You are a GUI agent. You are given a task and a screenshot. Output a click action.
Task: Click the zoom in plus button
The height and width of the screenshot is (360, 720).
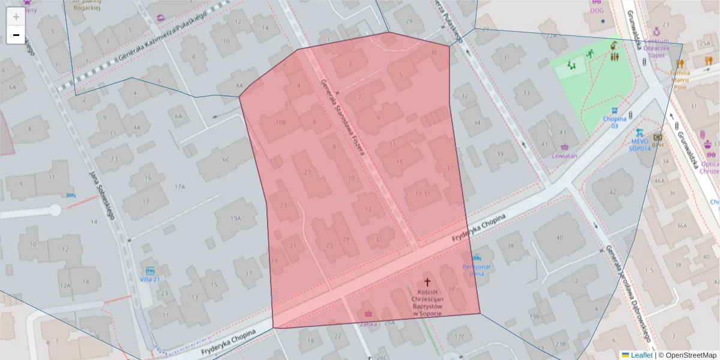16,17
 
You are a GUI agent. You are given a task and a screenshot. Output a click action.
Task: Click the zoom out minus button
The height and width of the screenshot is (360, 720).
16,35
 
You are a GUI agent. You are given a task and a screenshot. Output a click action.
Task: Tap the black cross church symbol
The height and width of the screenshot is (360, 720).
427,281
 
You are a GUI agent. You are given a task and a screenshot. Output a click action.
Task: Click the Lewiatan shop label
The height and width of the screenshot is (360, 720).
564,156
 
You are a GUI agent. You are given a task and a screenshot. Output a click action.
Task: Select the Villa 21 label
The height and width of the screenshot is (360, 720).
149,279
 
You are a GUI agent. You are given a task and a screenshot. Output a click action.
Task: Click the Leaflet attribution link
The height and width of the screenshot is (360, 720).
641,355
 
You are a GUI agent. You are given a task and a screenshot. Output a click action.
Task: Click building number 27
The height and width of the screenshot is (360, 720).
308,173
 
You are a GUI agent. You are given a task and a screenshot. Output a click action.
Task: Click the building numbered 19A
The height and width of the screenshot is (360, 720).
235,218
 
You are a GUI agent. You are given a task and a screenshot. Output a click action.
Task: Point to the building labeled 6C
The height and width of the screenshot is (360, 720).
226,159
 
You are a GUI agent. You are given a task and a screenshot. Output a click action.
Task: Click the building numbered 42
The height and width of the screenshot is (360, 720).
613,192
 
